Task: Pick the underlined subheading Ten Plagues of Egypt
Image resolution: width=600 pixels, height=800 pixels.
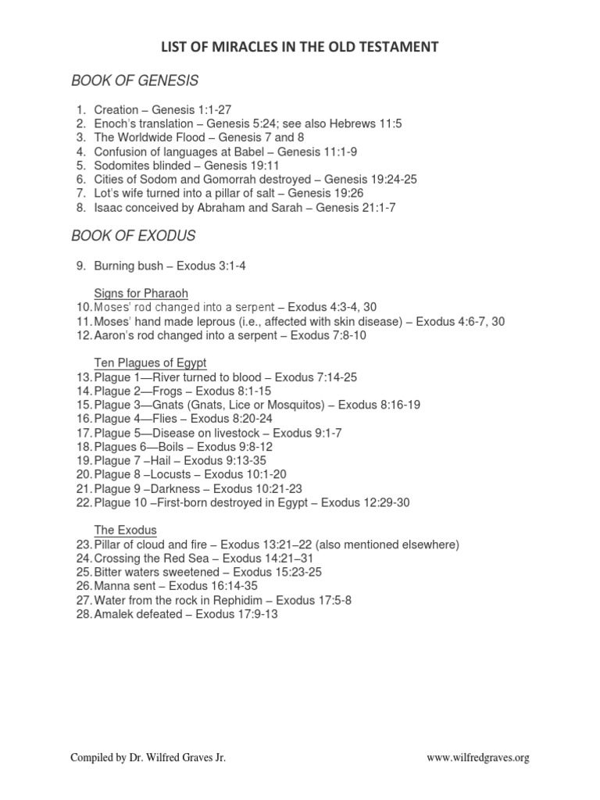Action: click(150, 363)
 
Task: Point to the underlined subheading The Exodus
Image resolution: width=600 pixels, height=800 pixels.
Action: click(126, 530)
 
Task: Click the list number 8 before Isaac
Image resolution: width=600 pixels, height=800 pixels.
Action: click(80, 207)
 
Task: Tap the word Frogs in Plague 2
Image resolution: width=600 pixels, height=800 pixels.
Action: click(166, 391)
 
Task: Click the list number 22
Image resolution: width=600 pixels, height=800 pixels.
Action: click(84, 502)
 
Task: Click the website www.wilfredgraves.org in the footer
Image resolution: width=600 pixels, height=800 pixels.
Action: click(478, 757)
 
